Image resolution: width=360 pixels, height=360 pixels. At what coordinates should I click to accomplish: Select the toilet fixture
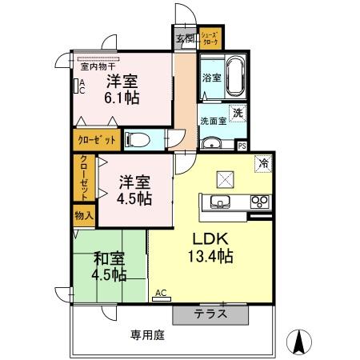pos(138,140)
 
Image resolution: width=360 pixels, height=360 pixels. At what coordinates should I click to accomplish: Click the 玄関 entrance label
pos(185,38)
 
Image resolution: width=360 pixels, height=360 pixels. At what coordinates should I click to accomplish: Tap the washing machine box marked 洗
pos(238,114)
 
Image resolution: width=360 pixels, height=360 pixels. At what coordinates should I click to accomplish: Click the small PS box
pos(242,146)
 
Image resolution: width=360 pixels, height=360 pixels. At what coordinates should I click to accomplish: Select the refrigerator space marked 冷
pos(262,164)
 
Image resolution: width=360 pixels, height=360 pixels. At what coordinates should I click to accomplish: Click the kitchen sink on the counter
pos(220,201)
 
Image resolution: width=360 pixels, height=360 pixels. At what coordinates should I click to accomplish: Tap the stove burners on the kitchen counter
pos(259,201)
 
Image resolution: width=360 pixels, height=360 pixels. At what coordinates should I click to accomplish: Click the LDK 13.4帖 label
pos(211,247)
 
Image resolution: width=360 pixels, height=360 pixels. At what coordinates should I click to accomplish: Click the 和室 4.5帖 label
pos(109,266)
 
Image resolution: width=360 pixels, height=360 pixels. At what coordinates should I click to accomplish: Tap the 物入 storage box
pos(84,215)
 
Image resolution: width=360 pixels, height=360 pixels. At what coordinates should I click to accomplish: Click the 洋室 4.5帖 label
pos(134,189)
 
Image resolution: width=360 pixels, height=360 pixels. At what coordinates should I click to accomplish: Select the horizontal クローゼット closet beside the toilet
pos(98,140)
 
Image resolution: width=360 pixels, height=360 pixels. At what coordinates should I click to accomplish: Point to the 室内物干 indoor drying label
pos(95,57)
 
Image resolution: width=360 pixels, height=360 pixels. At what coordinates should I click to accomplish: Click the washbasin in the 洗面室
pos(212,143)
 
